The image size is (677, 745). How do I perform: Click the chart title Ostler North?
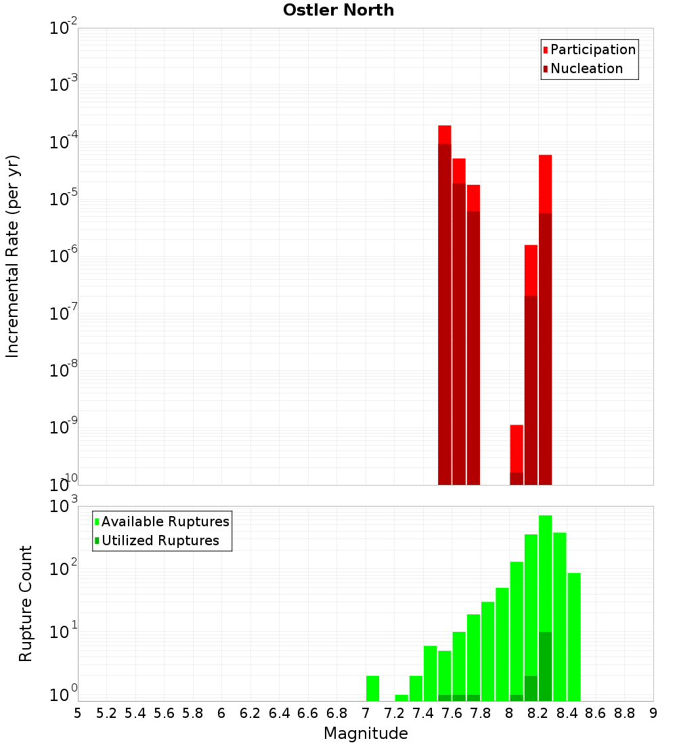(338, 10)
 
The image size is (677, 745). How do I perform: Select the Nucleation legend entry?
(586, 68)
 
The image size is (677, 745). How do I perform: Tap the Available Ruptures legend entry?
(165, 521)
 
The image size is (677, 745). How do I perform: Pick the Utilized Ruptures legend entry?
(160, 540)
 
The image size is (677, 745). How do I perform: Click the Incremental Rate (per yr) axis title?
(13, 256)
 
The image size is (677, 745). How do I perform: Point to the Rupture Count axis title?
(26, 603)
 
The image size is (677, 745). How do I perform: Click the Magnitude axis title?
(366, 733)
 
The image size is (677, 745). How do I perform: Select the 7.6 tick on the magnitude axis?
(452, 713)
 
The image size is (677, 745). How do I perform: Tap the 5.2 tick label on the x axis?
(106, 713)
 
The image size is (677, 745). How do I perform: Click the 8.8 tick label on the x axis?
(625, 713)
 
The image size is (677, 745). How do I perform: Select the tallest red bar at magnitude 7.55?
(445, 305)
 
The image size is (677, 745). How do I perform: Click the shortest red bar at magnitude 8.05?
(517, 454)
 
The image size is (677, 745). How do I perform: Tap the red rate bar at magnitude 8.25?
(546, 318)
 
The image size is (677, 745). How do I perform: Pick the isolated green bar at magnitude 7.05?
(372, 688)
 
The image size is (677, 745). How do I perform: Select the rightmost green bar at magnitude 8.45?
(574, 637)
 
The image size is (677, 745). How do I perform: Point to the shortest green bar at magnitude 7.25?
(401, 698)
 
